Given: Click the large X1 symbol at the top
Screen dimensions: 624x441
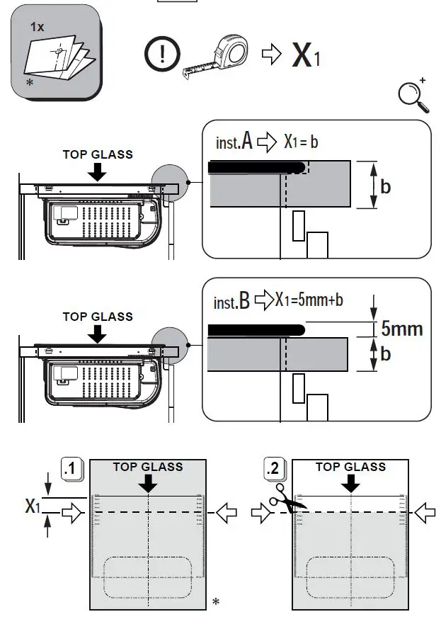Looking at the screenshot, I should tap(306, 56).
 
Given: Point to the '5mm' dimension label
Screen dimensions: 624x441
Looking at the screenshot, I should tap(401, 329).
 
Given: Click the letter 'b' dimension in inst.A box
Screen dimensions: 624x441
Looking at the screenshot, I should tap(386, 186).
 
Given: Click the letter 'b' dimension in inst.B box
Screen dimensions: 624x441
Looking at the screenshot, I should tap(386, 353).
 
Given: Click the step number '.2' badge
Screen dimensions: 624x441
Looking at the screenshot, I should tap(276, 468).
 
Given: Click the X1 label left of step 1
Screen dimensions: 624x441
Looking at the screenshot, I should tap(33, 506).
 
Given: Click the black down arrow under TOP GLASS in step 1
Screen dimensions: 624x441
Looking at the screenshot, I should tap(148, 484).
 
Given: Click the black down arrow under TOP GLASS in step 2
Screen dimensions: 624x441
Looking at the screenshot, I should tap(350, 484).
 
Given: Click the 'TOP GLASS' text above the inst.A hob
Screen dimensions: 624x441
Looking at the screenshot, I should tap(98, 154).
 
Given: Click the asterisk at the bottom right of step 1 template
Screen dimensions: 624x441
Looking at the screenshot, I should tap(215, 602).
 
